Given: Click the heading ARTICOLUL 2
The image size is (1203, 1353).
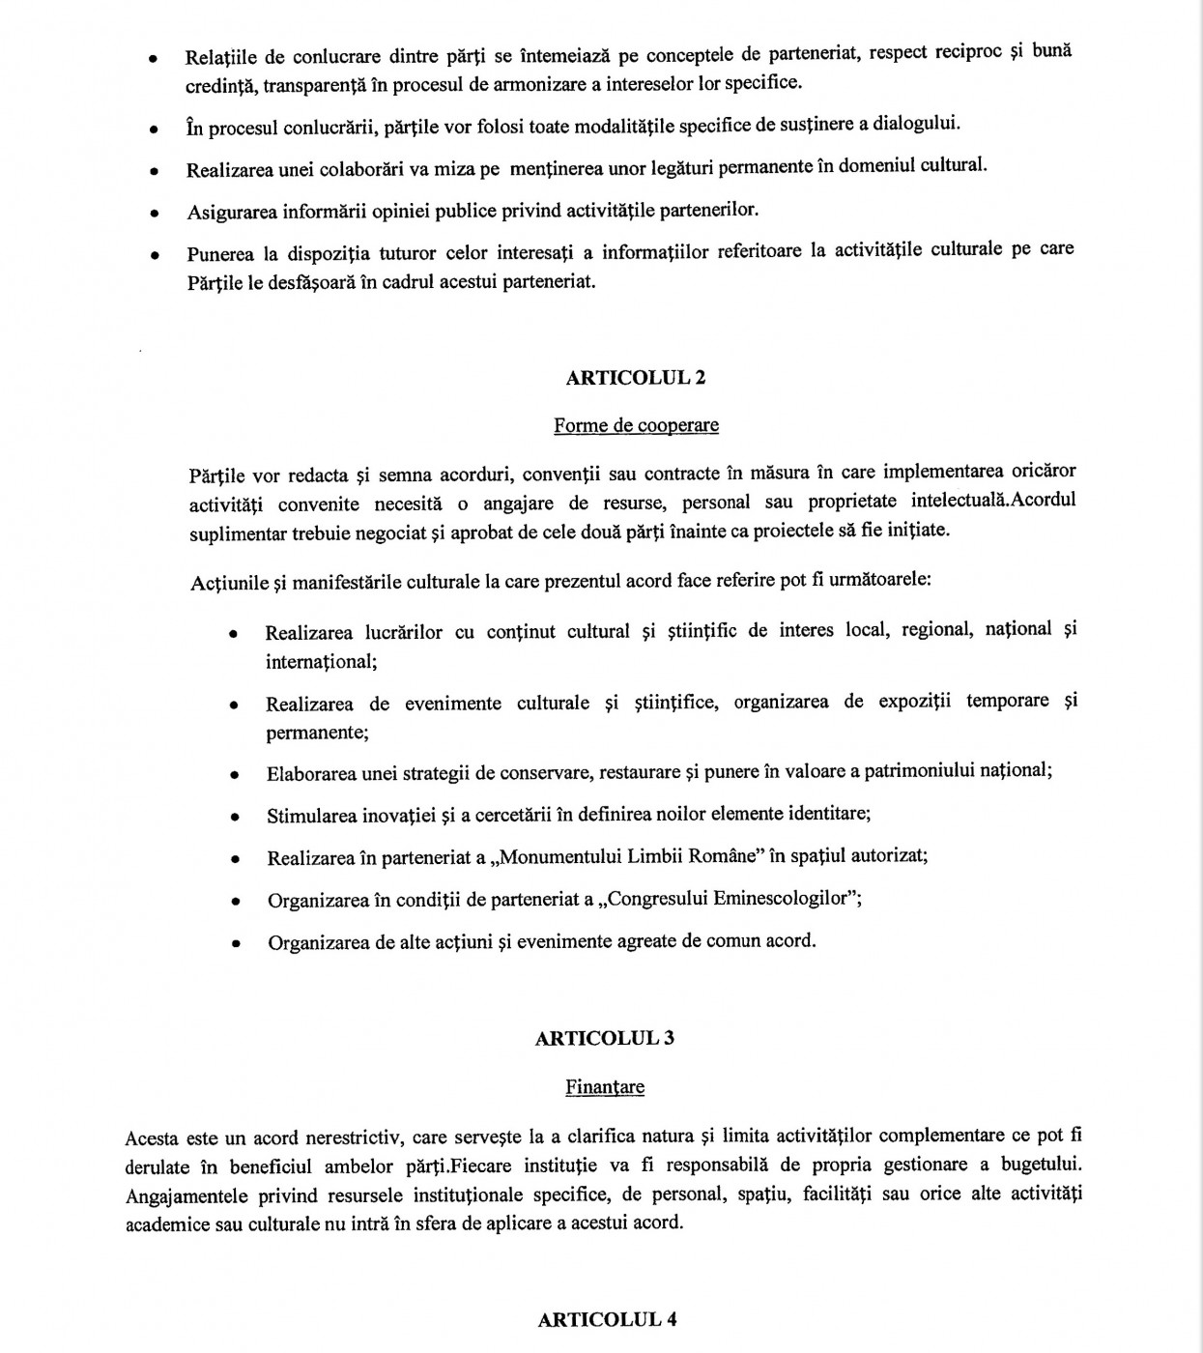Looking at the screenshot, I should [635, 378].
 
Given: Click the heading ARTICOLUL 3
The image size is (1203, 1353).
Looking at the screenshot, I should [605, 1038].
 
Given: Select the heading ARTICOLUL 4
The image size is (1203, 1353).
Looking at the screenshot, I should [607, 1320].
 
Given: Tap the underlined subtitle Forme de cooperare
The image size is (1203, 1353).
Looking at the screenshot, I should [636, 425].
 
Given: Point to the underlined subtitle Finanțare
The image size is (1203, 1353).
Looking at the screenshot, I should [605, 1087].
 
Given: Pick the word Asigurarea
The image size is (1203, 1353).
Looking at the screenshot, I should [232, 212].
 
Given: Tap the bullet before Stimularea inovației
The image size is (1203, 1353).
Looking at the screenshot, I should [235, 817].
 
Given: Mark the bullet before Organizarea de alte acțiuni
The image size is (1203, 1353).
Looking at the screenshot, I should [235, 943].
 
